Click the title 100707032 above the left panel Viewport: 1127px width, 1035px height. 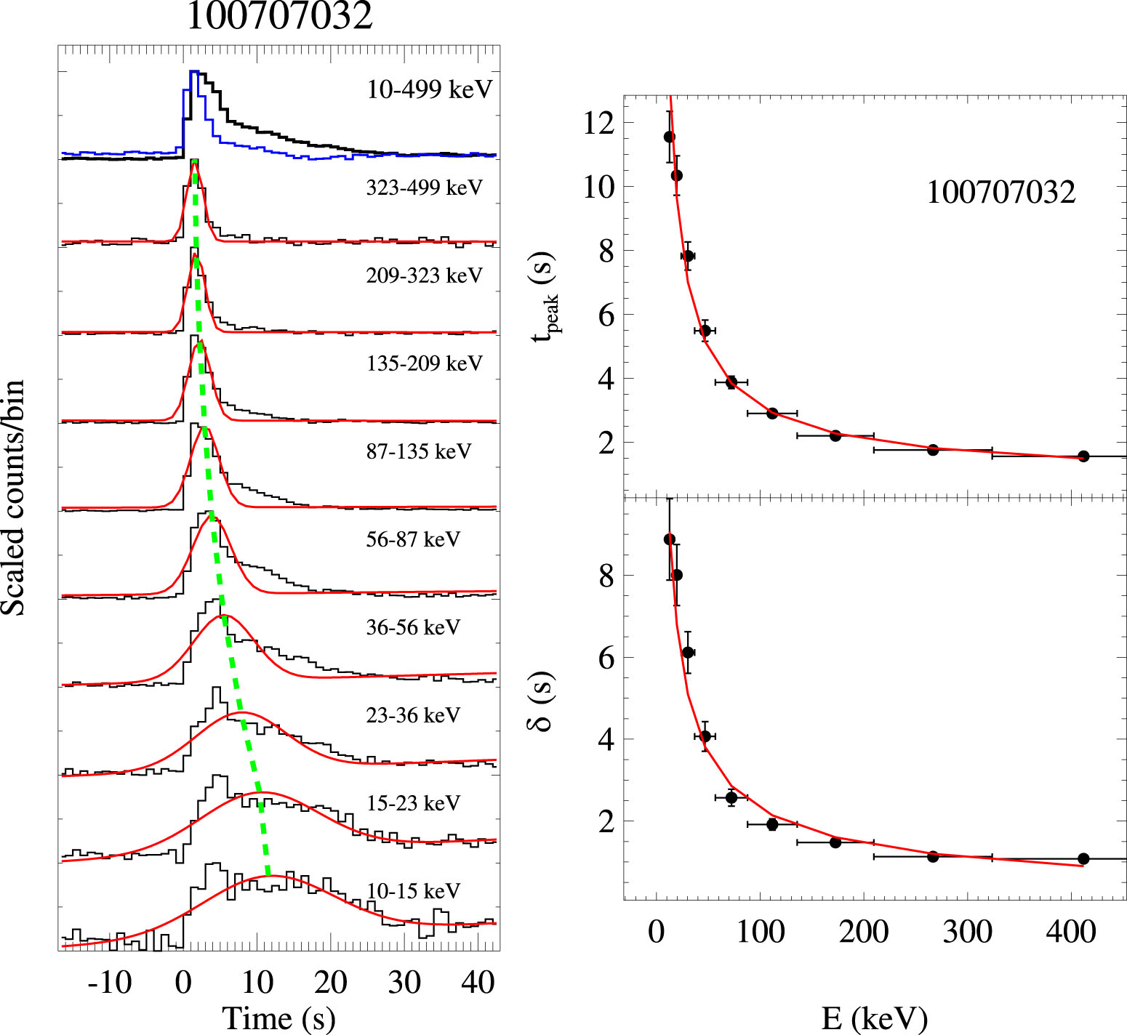coord(280,16)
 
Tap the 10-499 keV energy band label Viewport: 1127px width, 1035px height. coord(430,89)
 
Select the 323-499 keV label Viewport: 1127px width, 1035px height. coord(424,188)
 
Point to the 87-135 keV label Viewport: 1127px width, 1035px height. coord(418,451)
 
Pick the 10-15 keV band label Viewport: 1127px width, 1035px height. coord(413,891)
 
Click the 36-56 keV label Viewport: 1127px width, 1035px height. coord(413,627)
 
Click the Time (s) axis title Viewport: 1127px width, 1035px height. coord(278,1018)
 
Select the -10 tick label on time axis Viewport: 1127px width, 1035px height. coord(109,983)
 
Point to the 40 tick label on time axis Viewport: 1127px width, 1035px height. coord(478,983)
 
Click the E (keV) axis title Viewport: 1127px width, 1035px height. coord(875,1018)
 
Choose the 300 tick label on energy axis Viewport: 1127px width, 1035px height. coord(967,931)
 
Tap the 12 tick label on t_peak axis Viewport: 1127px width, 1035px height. coord(598,123)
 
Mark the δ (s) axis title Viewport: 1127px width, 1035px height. coord(543,701)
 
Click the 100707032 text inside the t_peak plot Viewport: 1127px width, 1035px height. coord(1000,193)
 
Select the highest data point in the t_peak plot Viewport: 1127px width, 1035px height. coord(669,137)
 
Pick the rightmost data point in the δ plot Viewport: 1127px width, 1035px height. coord(1083,858)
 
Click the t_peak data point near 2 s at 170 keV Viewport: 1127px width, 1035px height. coord(835,435)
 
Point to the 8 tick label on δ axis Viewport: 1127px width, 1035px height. coord(606,576)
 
